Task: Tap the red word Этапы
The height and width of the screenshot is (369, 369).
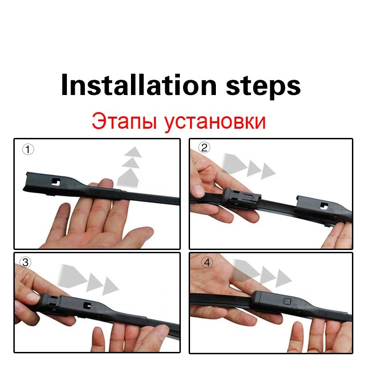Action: pyautogui.click(x=121, y=122)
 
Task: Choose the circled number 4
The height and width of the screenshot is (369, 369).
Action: pyautogui.click(x=207, y=262)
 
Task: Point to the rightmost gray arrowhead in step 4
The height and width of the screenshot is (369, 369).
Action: pyautogui.click(x=283, y=278)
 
